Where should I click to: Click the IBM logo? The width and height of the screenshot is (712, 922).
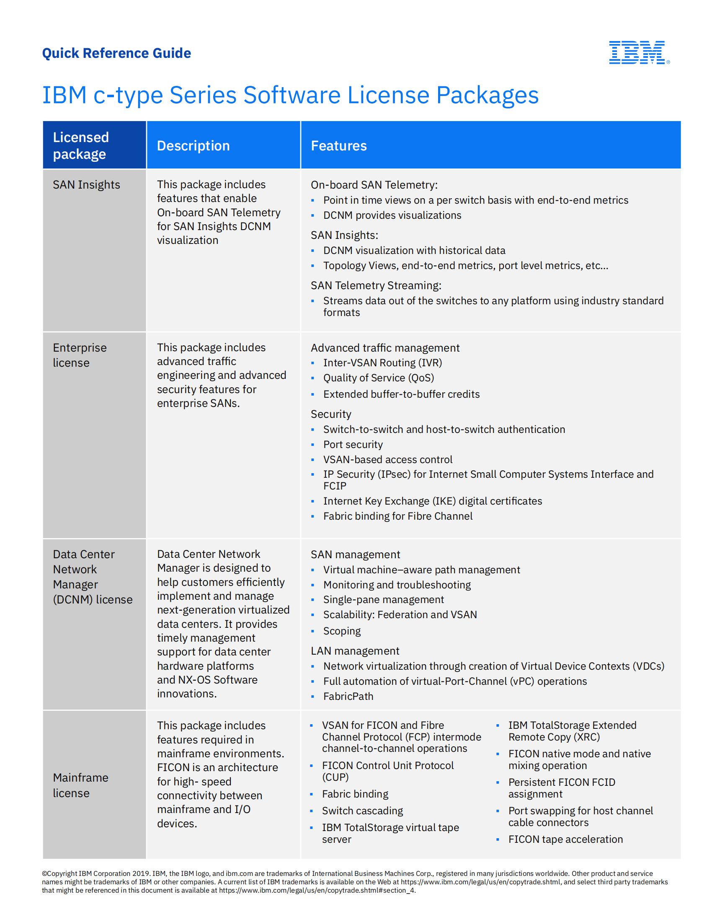(639, 52)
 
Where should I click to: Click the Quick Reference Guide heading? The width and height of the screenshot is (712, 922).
(116, 53)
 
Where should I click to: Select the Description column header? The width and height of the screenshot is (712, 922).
(193, 146)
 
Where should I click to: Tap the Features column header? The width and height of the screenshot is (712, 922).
(339, 146)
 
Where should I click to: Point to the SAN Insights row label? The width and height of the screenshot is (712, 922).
(86, 184)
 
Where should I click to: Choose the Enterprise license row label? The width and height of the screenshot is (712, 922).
(79, 355)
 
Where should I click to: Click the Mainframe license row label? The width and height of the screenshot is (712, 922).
(80, 785)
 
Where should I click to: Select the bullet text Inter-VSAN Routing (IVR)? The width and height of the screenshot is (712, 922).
(382, 363)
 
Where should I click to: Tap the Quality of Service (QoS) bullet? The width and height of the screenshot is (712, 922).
(378, 378)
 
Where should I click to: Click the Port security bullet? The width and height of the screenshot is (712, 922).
(353, 444)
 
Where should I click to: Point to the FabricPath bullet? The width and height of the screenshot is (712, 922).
(348, 696)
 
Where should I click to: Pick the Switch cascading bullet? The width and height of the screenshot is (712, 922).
(362, 811)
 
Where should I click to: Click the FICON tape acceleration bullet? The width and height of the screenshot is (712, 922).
(565, 839)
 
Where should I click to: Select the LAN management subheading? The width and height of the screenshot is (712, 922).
(355, 650)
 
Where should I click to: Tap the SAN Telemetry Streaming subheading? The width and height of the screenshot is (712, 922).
(376, 285)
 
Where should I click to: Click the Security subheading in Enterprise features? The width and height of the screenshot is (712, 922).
(331, 414)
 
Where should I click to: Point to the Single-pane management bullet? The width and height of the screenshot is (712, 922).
(383, 599)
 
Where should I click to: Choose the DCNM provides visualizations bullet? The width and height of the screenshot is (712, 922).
(392, 215)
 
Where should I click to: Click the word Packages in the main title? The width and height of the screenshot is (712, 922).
(487, 95)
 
